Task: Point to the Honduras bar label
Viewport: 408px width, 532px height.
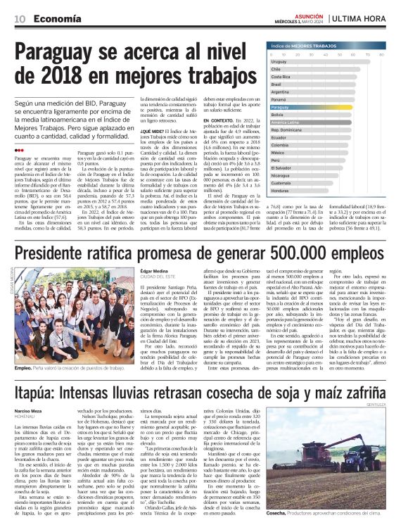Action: [280, 191]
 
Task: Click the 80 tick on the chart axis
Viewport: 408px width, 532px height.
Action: [380, 54]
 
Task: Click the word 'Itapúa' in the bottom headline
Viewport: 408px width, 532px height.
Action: [38, 389]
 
